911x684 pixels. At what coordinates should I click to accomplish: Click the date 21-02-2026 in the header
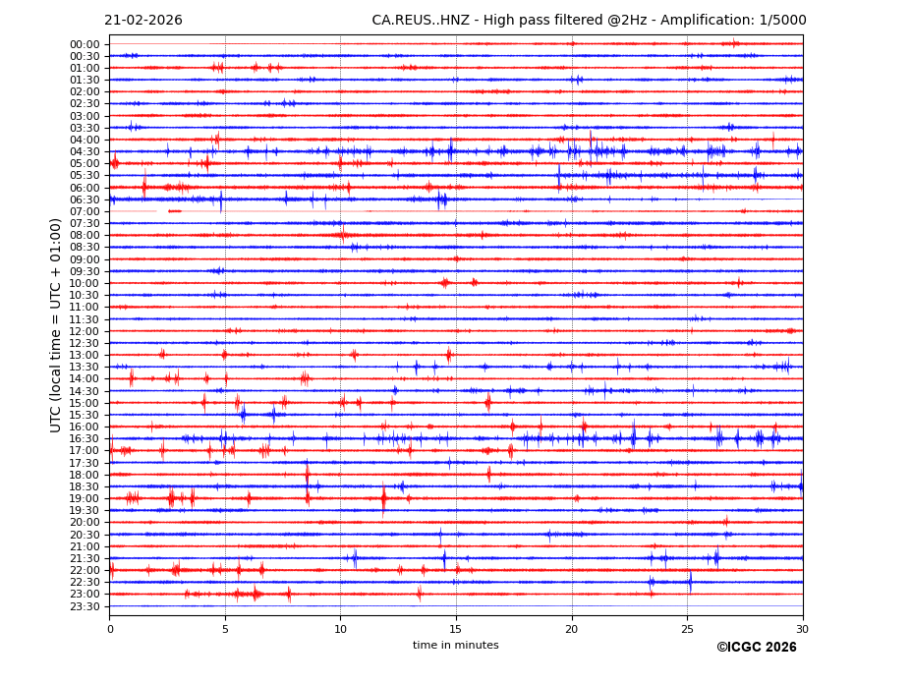[143, 21]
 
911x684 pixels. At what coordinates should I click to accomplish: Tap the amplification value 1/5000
[783, 21]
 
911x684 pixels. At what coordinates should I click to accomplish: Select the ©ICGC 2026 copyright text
[756, 648]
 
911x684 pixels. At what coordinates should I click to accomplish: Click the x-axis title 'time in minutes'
[455, 646]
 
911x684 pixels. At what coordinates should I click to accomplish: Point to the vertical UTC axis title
[56, 325]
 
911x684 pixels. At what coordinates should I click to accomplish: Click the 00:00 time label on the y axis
[85, 44]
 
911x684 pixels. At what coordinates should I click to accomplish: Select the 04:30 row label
[85, 152]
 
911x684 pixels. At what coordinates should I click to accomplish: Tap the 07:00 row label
[85, 212]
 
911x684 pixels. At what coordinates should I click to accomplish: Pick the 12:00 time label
[85, 331]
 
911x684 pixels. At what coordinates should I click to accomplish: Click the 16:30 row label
[85, 439]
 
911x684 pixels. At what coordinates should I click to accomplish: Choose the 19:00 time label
[85, 499]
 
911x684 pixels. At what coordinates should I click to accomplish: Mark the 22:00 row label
[85, 571]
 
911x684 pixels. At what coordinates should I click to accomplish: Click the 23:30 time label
[85, 606]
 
